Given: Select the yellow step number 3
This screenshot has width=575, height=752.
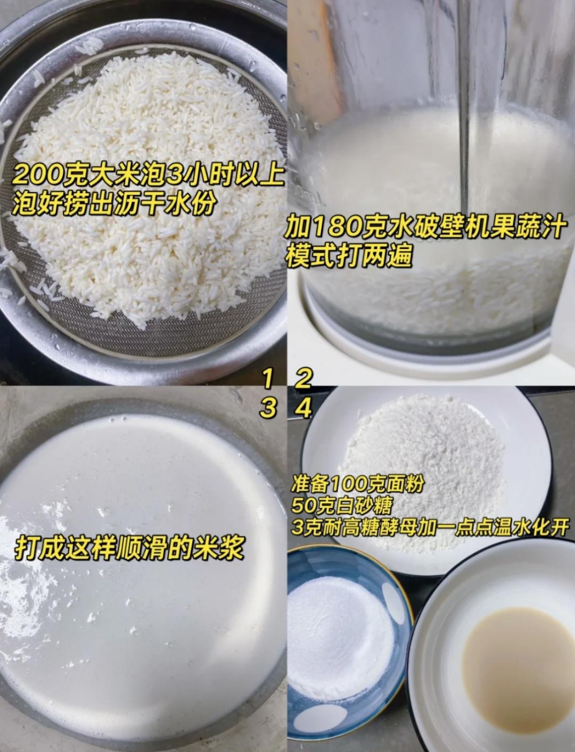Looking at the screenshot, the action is [x=269, y=408].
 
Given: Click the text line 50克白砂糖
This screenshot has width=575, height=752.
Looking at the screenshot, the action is [x=341, y=505].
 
